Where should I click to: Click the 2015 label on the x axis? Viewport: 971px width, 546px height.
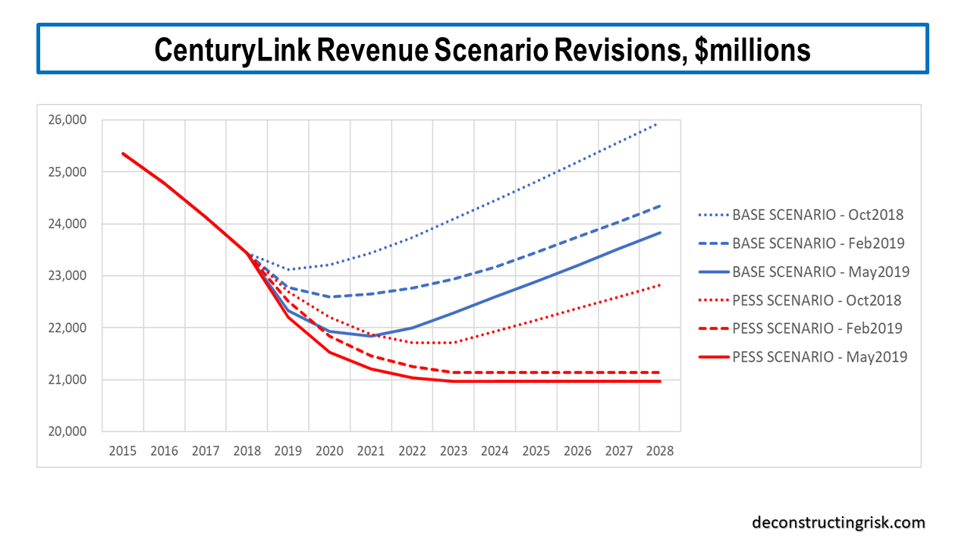[x=123, y=450]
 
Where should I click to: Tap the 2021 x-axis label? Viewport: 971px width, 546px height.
[x=371, y=450]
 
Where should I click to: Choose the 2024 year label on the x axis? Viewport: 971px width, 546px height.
[x=495, y=450]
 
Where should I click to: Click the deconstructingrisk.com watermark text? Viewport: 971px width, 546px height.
[x=838, y=522]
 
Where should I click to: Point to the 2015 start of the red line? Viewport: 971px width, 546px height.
[x=123, y=154]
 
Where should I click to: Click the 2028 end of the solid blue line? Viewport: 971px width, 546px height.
[x=660, y=233]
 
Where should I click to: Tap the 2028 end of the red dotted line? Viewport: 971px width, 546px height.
[x=660, y=285]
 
